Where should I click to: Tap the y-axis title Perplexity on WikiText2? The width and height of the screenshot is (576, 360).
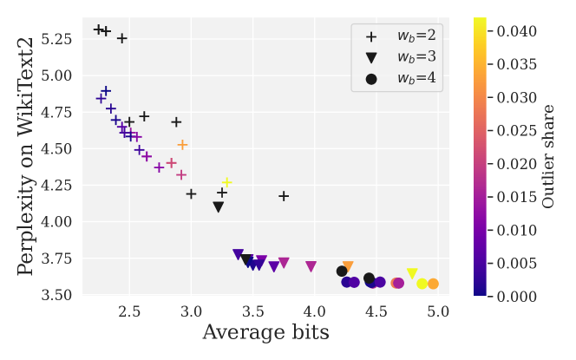pos(27,156)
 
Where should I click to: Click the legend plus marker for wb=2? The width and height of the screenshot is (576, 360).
pos(371,37)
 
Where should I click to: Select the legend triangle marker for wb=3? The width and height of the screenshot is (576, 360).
pos(371,58)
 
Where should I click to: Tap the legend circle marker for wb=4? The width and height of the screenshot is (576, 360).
pos(371,79)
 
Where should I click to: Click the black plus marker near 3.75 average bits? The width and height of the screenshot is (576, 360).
pos(284,196)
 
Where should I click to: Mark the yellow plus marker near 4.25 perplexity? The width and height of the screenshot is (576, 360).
pos(226,183)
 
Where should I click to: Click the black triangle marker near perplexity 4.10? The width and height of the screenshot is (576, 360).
pos(219,207)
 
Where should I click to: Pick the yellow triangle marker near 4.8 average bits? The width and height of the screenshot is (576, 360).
pos(412,274)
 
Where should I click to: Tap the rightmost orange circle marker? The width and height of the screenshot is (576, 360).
pos(433,284)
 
